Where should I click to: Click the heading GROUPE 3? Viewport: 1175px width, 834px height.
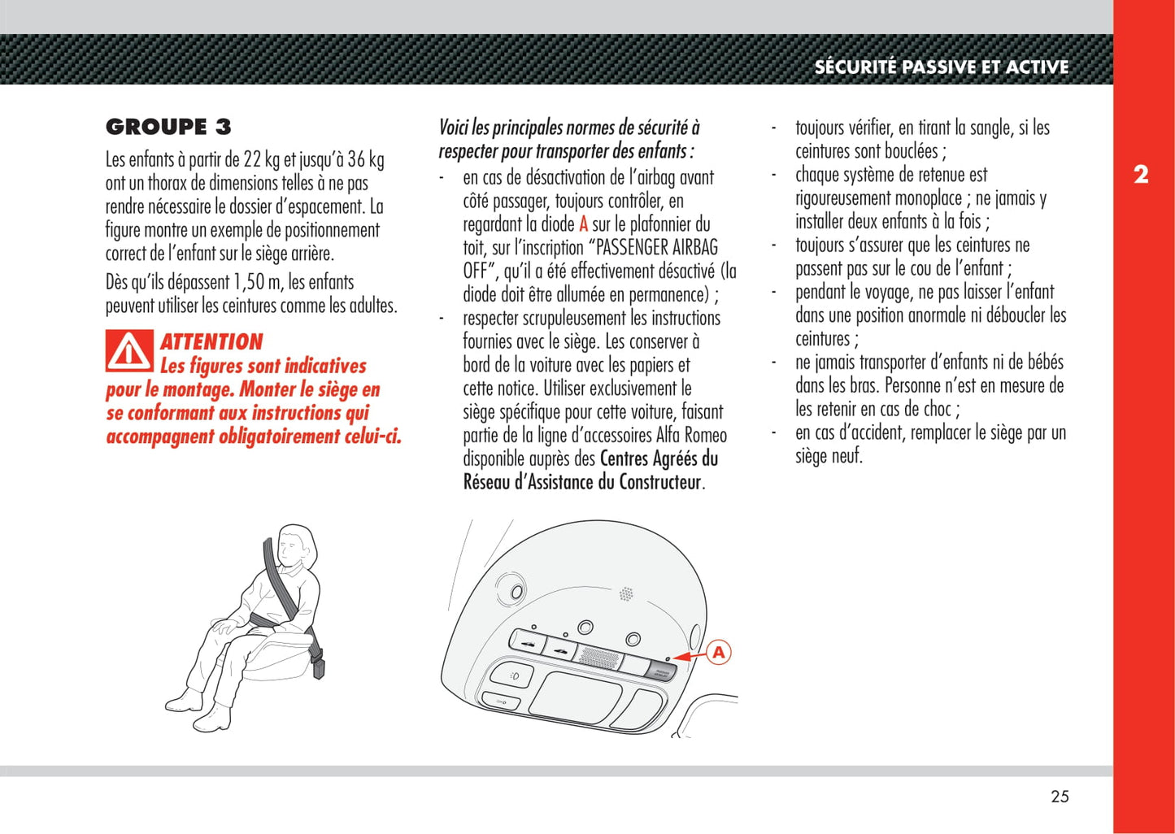168,127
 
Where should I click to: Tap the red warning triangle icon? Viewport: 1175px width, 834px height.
129,351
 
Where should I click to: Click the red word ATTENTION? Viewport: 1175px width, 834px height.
211,342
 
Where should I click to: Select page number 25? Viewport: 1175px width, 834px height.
1060,797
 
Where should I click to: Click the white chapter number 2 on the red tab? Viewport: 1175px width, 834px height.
1141,174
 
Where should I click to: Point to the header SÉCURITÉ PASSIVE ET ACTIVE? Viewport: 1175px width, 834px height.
942,67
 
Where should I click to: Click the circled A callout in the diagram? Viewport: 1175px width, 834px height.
718,653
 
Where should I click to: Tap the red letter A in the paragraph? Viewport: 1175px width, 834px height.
583,224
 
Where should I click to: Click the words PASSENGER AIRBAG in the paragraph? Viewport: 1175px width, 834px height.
657,248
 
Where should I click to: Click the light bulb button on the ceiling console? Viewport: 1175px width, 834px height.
512,675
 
